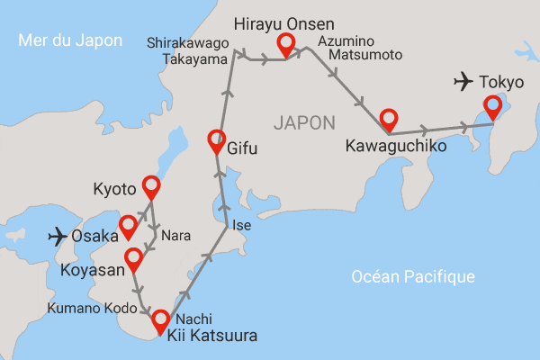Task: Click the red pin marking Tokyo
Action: point(492,107)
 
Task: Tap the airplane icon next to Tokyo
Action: point(463,83)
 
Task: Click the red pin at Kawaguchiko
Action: point(389,118)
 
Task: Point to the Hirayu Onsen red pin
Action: point(286,42)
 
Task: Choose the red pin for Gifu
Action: point(216,139)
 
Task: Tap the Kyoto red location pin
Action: point(150,186)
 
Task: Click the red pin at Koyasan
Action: point(134,258)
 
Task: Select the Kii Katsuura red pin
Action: point(161,319)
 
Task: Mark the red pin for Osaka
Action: point(129,225)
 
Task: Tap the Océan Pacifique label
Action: point(413,276)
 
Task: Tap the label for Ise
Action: point(241,225)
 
